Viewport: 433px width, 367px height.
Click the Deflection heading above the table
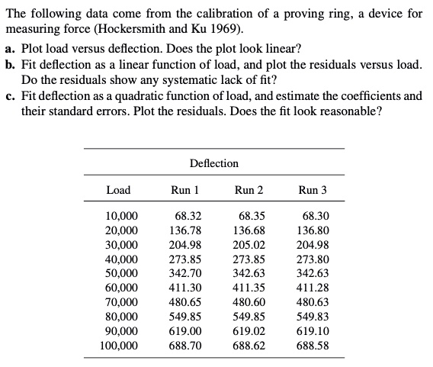[x=213, y=163]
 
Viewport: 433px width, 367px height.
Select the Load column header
[x=118, y=190]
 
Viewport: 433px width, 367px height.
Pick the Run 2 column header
[x=249, y=190]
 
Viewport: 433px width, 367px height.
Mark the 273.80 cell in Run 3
[x=315, y=259]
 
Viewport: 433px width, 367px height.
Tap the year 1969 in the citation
[x=229, y=31]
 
